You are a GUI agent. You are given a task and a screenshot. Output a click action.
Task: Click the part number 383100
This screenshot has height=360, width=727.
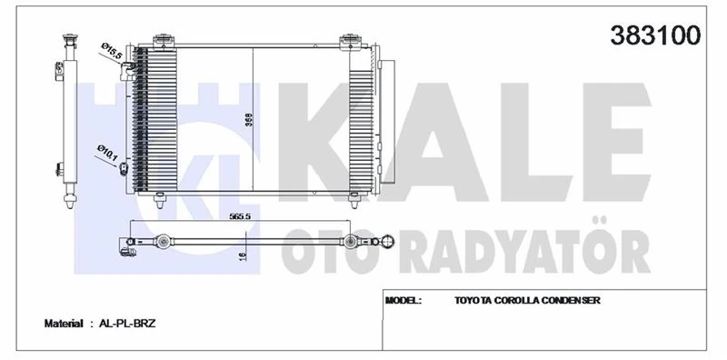coord(658,35)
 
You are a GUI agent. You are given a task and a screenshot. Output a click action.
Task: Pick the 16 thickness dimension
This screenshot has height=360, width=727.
coord(243,257)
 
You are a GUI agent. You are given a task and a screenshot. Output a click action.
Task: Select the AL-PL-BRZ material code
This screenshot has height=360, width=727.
coord(128,323)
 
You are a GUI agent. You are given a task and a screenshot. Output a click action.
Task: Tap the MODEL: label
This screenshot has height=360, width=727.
coord(403,300)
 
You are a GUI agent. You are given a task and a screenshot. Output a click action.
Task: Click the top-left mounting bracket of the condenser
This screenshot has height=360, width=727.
coord(164,40)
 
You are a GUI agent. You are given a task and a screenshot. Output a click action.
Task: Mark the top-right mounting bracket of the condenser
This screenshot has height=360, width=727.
coord(350,40)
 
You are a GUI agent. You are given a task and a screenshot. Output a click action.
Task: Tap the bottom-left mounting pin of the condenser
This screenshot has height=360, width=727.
coord(161,201)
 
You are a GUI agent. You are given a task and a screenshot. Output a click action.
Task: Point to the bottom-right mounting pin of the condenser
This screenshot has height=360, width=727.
coord(352,201)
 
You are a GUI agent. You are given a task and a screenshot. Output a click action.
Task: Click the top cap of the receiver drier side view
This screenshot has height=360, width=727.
coord(67,40)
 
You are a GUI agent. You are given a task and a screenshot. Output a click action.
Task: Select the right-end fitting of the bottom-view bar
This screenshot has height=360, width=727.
coord(386,241)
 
